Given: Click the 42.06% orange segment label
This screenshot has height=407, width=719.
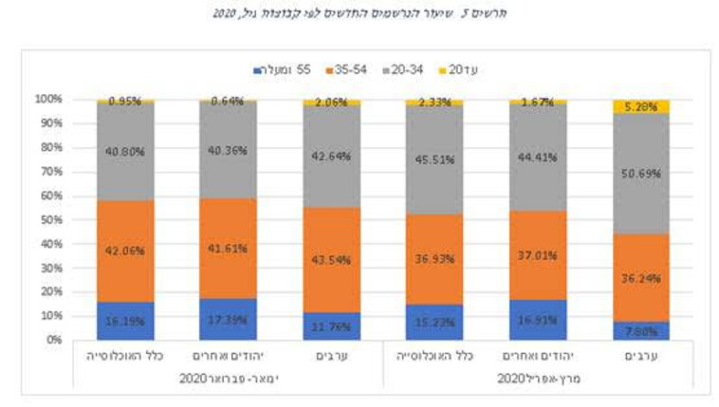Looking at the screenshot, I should click(x=125, y=251).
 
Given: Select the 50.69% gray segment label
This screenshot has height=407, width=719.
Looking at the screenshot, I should click(x=639, y=174).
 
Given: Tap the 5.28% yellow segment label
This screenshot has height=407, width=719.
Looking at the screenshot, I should click(x=639, y=106).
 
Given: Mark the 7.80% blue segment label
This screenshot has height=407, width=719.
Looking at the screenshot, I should click(x=639, y=332).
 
